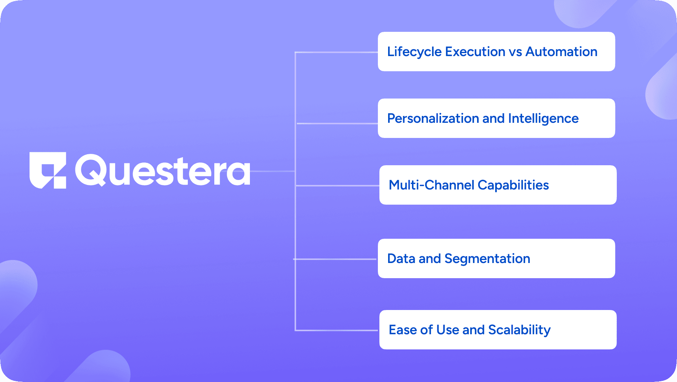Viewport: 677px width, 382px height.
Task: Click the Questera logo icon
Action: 48,171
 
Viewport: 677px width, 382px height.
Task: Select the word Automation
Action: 562,52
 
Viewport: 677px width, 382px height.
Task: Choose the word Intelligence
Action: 543,119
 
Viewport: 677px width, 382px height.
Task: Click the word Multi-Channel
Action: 432,185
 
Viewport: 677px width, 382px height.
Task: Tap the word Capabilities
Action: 513,185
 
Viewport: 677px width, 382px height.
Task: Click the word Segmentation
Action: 487,259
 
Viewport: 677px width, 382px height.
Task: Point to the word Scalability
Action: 519,330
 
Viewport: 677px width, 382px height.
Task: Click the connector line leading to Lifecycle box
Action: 337,52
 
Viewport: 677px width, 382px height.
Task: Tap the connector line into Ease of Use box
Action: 337,330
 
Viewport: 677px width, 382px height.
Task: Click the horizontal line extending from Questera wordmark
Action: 273,171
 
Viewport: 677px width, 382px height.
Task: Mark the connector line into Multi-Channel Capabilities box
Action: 337,186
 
